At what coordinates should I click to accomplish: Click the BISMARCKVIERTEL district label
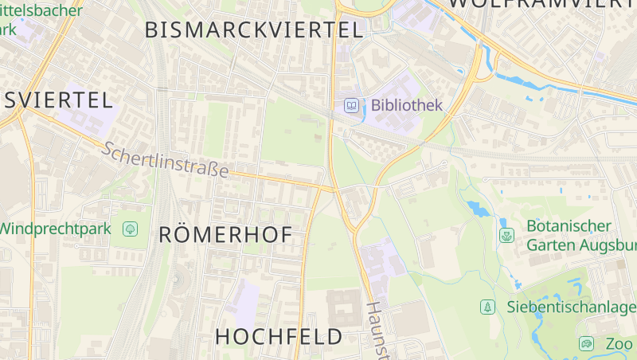tap(253, 30)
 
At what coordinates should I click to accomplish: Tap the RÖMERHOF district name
tap(225, 234)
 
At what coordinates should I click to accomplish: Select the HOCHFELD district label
tap(279, 336)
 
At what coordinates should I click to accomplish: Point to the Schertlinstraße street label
tap(166, 160)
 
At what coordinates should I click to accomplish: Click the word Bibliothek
tap(406, 105)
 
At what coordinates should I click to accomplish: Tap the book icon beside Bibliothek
tap(351, 105)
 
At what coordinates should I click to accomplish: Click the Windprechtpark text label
tap(54, 229)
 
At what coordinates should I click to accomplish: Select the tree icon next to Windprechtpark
tap(130, 229)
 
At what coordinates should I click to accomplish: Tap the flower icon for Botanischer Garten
tap(506, 235)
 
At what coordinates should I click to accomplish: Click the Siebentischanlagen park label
tap(571, 307)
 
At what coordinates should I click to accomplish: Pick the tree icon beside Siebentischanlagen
tap(487, 307)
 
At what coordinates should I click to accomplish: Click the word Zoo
tap(619, 344)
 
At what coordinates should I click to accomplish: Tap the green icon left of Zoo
tap(587, 344)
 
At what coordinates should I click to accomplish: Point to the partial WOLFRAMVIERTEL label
tap(541, 4)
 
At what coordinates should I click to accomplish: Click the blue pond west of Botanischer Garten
tap(479, 209)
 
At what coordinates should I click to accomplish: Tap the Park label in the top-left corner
tap(8, 29)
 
